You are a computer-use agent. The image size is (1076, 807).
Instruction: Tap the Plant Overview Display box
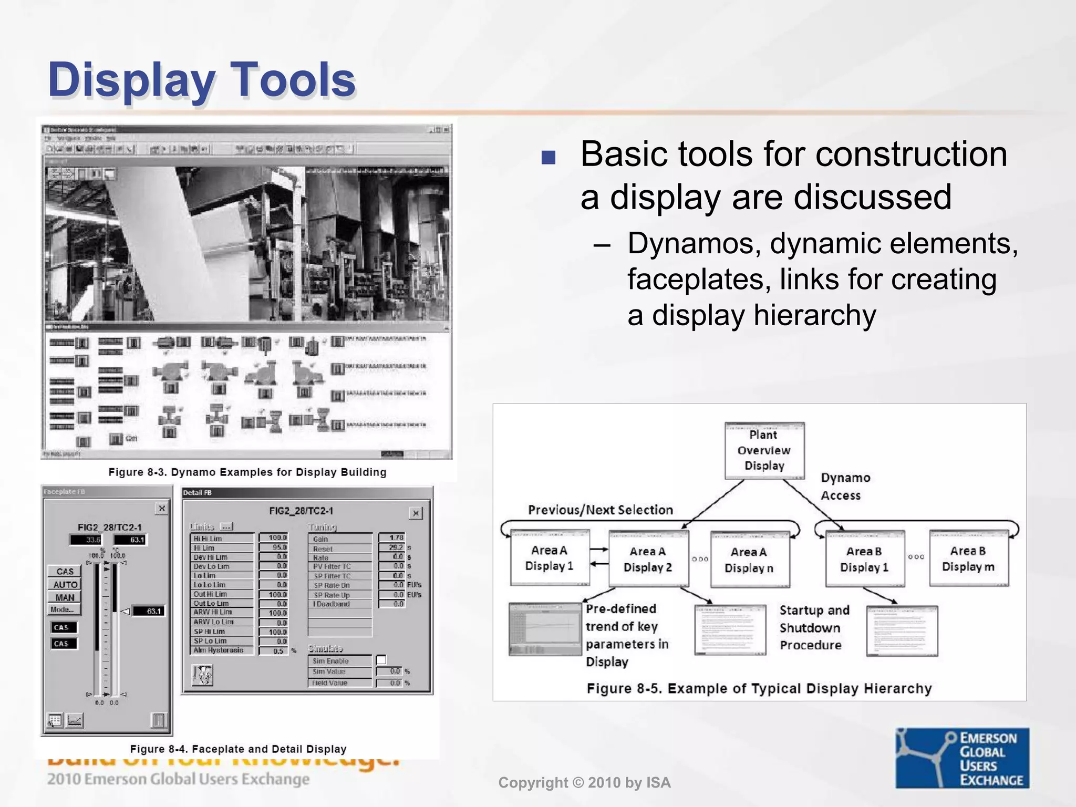pos(764,450)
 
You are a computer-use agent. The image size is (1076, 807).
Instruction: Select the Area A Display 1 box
pos(550,558)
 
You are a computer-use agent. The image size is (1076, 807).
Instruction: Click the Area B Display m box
pos(968,558)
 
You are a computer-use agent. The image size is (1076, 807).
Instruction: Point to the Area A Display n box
pos(749,560)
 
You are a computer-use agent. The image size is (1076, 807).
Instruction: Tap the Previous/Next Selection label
pos(600,510)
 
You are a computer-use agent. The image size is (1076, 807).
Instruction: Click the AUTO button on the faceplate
pos(65,584)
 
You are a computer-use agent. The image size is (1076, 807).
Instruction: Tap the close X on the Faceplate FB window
pos(162,508)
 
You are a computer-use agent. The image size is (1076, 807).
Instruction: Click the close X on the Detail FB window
pos(416,513)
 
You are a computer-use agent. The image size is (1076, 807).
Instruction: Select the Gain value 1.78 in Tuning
pos(391,538)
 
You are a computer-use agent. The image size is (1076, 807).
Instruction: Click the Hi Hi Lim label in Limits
pos(208,539)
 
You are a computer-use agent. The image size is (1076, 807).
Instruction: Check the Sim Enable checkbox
pos(381,660)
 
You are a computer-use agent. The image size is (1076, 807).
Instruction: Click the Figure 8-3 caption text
pos(247,472)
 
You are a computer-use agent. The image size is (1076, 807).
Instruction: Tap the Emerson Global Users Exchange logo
pos(962,758)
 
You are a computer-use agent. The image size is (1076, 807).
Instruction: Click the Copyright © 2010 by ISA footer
pos(584,783)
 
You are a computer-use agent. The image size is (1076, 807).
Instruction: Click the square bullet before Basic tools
pos(548,158)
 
